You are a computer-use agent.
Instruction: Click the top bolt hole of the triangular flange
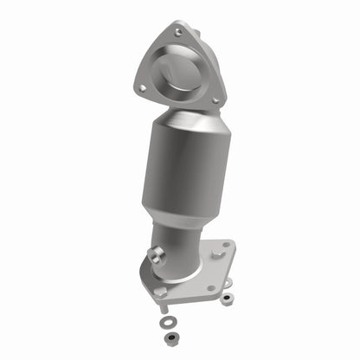click(x=177, y=32)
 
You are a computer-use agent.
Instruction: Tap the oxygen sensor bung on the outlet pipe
click(x=157, y=254)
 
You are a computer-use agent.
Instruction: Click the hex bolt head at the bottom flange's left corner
click(x=160, y=293)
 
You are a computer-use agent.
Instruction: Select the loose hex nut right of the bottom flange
click(x=228, y=299)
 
